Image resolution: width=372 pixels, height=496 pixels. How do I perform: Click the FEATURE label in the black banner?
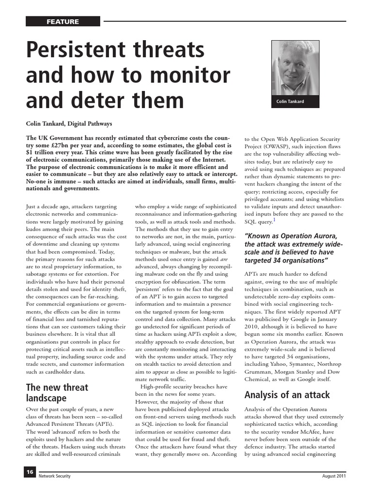coord(63,22)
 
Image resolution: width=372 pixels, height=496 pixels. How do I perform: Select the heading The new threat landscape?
coord(57,393)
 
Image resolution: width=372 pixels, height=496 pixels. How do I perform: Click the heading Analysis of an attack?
coord(287,394)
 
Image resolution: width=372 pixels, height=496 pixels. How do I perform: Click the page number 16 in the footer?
coord(30,472)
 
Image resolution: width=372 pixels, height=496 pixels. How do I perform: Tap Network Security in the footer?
coord(55,476)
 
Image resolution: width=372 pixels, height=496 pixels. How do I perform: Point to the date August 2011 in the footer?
coord(334,476)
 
